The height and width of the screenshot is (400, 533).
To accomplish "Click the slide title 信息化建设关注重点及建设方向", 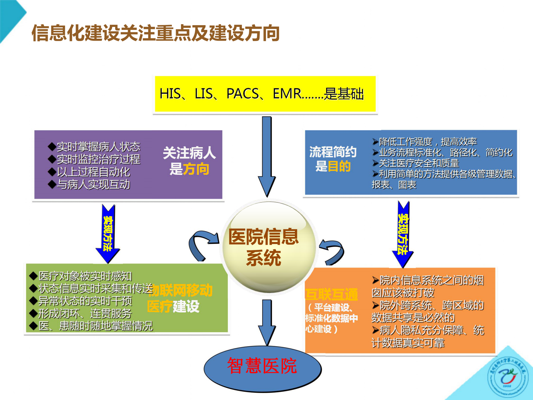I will tap(156, 33).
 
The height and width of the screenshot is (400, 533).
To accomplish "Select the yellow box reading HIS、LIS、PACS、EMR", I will tap(265, 94).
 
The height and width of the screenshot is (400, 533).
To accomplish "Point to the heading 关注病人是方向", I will tap(189, 161).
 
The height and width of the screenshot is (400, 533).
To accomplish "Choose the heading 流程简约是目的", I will tap(333, 159).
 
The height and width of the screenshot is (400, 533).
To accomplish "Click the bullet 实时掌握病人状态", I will tap(98, 147).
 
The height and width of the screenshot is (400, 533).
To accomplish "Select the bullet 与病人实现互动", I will tap(93, 184).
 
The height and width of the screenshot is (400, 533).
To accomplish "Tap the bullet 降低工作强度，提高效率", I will tap(428, 142).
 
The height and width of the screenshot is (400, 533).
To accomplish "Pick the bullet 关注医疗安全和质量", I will tap(418, 163).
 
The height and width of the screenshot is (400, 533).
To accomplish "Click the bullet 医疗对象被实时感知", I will tap(85, 276).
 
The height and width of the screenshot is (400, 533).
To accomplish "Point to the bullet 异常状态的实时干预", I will tap(85, 301).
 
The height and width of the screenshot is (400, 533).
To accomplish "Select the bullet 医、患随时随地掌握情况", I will tap(95, 326).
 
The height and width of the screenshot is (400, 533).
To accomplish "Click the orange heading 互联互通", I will tap(331, 294).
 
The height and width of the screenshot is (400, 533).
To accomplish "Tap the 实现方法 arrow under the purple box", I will tap(108, 234).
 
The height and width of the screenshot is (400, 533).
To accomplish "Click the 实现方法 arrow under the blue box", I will tap(403, 234).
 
